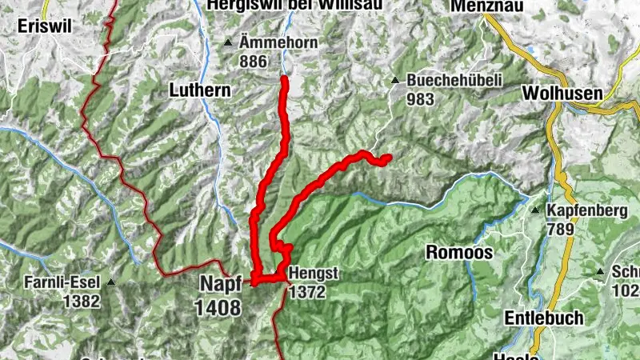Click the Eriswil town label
(46, 26)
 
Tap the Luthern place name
(199, 91)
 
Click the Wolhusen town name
(562, 94)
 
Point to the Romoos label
(459, 253)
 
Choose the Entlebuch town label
(543, 318)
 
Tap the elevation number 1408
(217, 306)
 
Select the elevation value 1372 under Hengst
(307, 292)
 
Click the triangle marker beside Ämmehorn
(228, 43)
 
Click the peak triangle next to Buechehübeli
(395, 81)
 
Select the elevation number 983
(420, 99)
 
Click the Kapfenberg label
(585, 211)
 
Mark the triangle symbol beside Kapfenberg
(536, 210)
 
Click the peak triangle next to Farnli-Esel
(112, 282)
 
